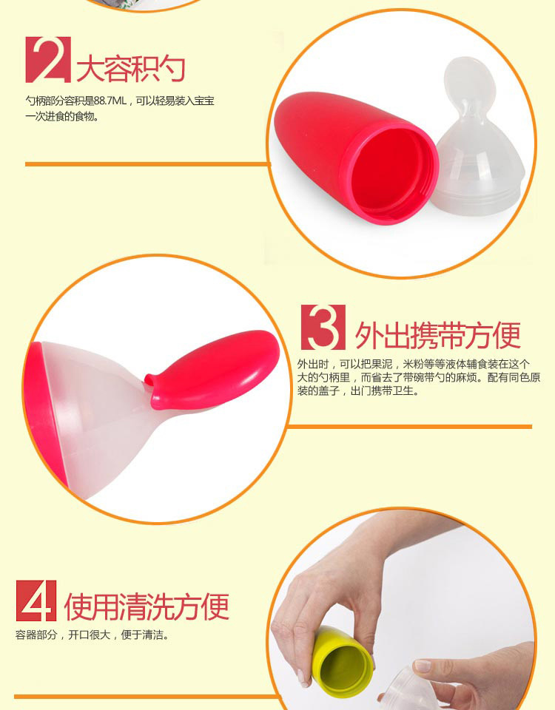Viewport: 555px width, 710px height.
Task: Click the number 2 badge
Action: coord(48,60)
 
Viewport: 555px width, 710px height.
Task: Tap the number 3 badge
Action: coord(323,328)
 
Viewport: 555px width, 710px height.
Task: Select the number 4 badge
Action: coord(36,601)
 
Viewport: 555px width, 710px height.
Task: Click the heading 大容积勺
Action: coord(131,69)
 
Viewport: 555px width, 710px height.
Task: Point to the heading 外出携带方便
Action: coord(437,336)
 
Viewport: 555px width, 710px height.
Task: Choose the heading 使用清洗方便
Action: coord(147,606)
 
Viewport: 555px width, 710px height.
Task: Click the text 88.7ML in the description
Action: coord(110,101)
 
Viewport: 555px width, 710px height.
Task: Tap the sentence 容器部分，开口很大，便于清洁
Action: coord(92,635)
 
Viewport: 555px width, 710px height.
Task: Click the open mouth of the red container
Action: coord(391,174)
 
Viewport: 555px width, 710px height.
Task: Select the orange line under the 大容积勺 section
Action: coord(148,164)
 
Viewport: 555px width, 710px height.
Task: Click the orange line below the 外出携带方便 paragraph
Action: coord(409,427)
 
